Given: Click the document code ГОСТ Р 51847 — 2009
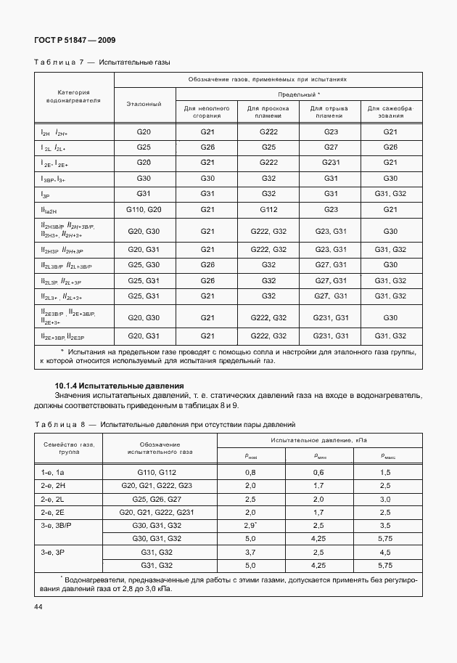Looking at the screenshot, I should point(74,41).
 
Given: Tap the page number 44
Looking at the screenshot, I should point(37,606).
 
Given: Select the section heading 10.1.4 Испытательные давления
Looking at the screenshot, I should point(120,385).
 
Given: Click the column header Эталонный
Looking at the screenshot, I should point(144,104).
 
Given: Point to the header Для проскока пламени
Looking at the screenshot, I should point(268,112).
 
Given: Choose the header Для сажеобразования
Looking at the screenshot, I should point(390,112).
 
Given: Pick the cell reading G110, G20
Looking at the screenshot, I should point(144,208).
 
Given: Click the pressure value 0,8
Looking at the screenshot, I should point(251,472).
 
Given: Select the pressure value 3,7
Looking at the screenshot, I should point(251,553).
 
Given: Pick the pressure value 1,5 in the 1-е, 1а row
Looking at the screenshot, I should point(385,472).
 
